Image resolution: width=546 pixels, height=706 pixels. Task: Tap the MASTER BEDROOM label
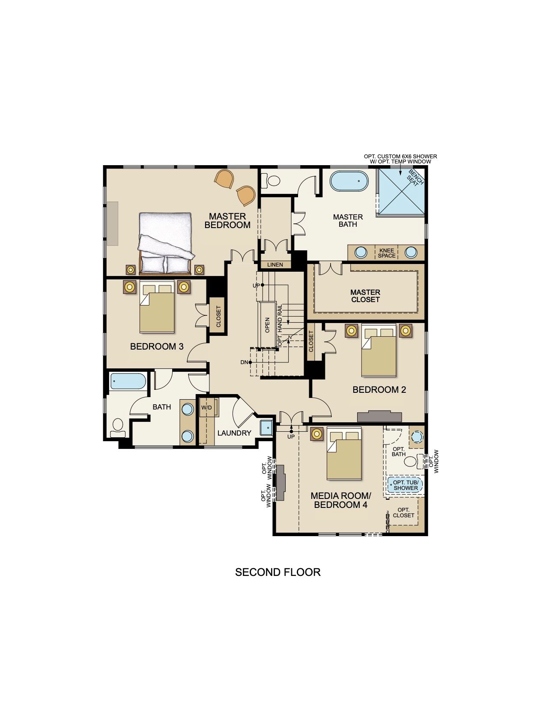[x=227, y=221]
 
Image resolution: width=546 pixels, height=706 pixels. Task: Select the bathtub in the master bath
[x=349, y=181]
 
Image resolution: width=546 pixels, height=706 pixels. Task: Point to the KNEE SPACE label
[x=386, y=253]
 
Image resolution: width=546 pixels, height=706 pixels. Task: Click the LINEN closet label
[x=275, y=265]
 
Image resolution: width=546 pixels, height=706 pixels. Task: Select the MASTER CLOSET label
[x=365, y=296]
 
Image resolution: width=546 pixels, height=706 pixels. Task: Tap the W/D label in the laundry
[x=206, y=407]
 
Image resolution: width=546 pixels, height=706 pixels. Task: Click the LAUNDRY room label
[x=234, y=433]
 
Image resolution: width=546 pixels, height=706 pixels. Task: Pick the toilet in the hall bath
[x=118, y=427]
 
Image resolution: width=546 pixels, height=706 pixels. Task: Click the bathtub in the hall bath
[x=128, y=381]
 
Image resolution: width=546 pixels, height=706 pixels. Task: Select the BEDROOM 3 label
[x=157, y=346]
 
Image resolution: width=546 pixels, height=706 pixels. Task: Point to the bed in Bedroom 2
[x=379, y=350]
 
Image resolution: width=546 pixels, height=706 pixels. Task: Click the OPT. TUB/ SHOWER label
[x=406, y=485]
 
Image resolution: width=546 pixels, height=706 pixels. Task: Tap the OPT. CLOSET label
[x=403, y=512]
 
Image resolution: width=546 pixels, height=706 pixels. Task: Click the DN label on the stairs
[x=244, y=362]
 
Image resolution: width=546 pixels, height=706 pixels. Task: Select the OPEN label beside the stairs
[x=267, y=325]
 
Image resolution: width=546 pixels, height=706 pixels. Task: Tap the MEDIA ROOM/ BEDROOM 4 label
[x=340, y=500]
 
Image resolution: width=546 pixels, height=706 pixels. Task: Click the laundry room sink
[x=266, y=428]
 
